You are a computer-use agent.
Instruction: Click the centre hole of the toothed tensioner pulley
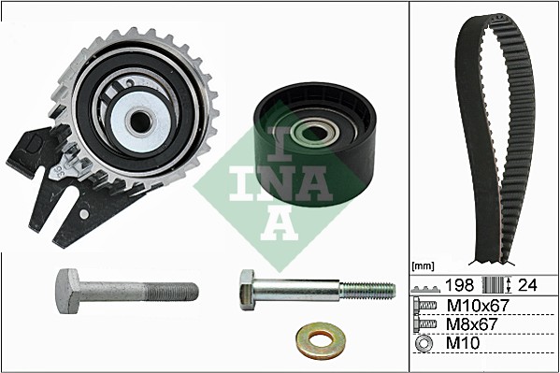[140, 122]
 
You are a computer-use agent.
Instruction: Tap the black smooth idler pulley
[314, 144]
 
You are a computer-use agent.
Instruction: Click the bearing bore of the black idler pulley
[314, 135]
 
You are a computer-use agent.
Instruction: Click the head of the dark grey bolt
[69, 291]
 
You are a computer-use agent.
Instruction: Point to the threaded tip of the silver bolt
[367, 290]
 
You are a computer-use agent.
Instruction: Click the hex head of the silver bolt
[248, 290]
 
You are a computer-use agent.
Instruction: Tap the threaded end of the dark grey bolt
[172, 292]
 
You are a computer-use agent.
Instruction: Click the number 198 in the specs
[459, 285]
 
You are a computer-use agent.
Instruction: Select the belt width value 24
[527, 285]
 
